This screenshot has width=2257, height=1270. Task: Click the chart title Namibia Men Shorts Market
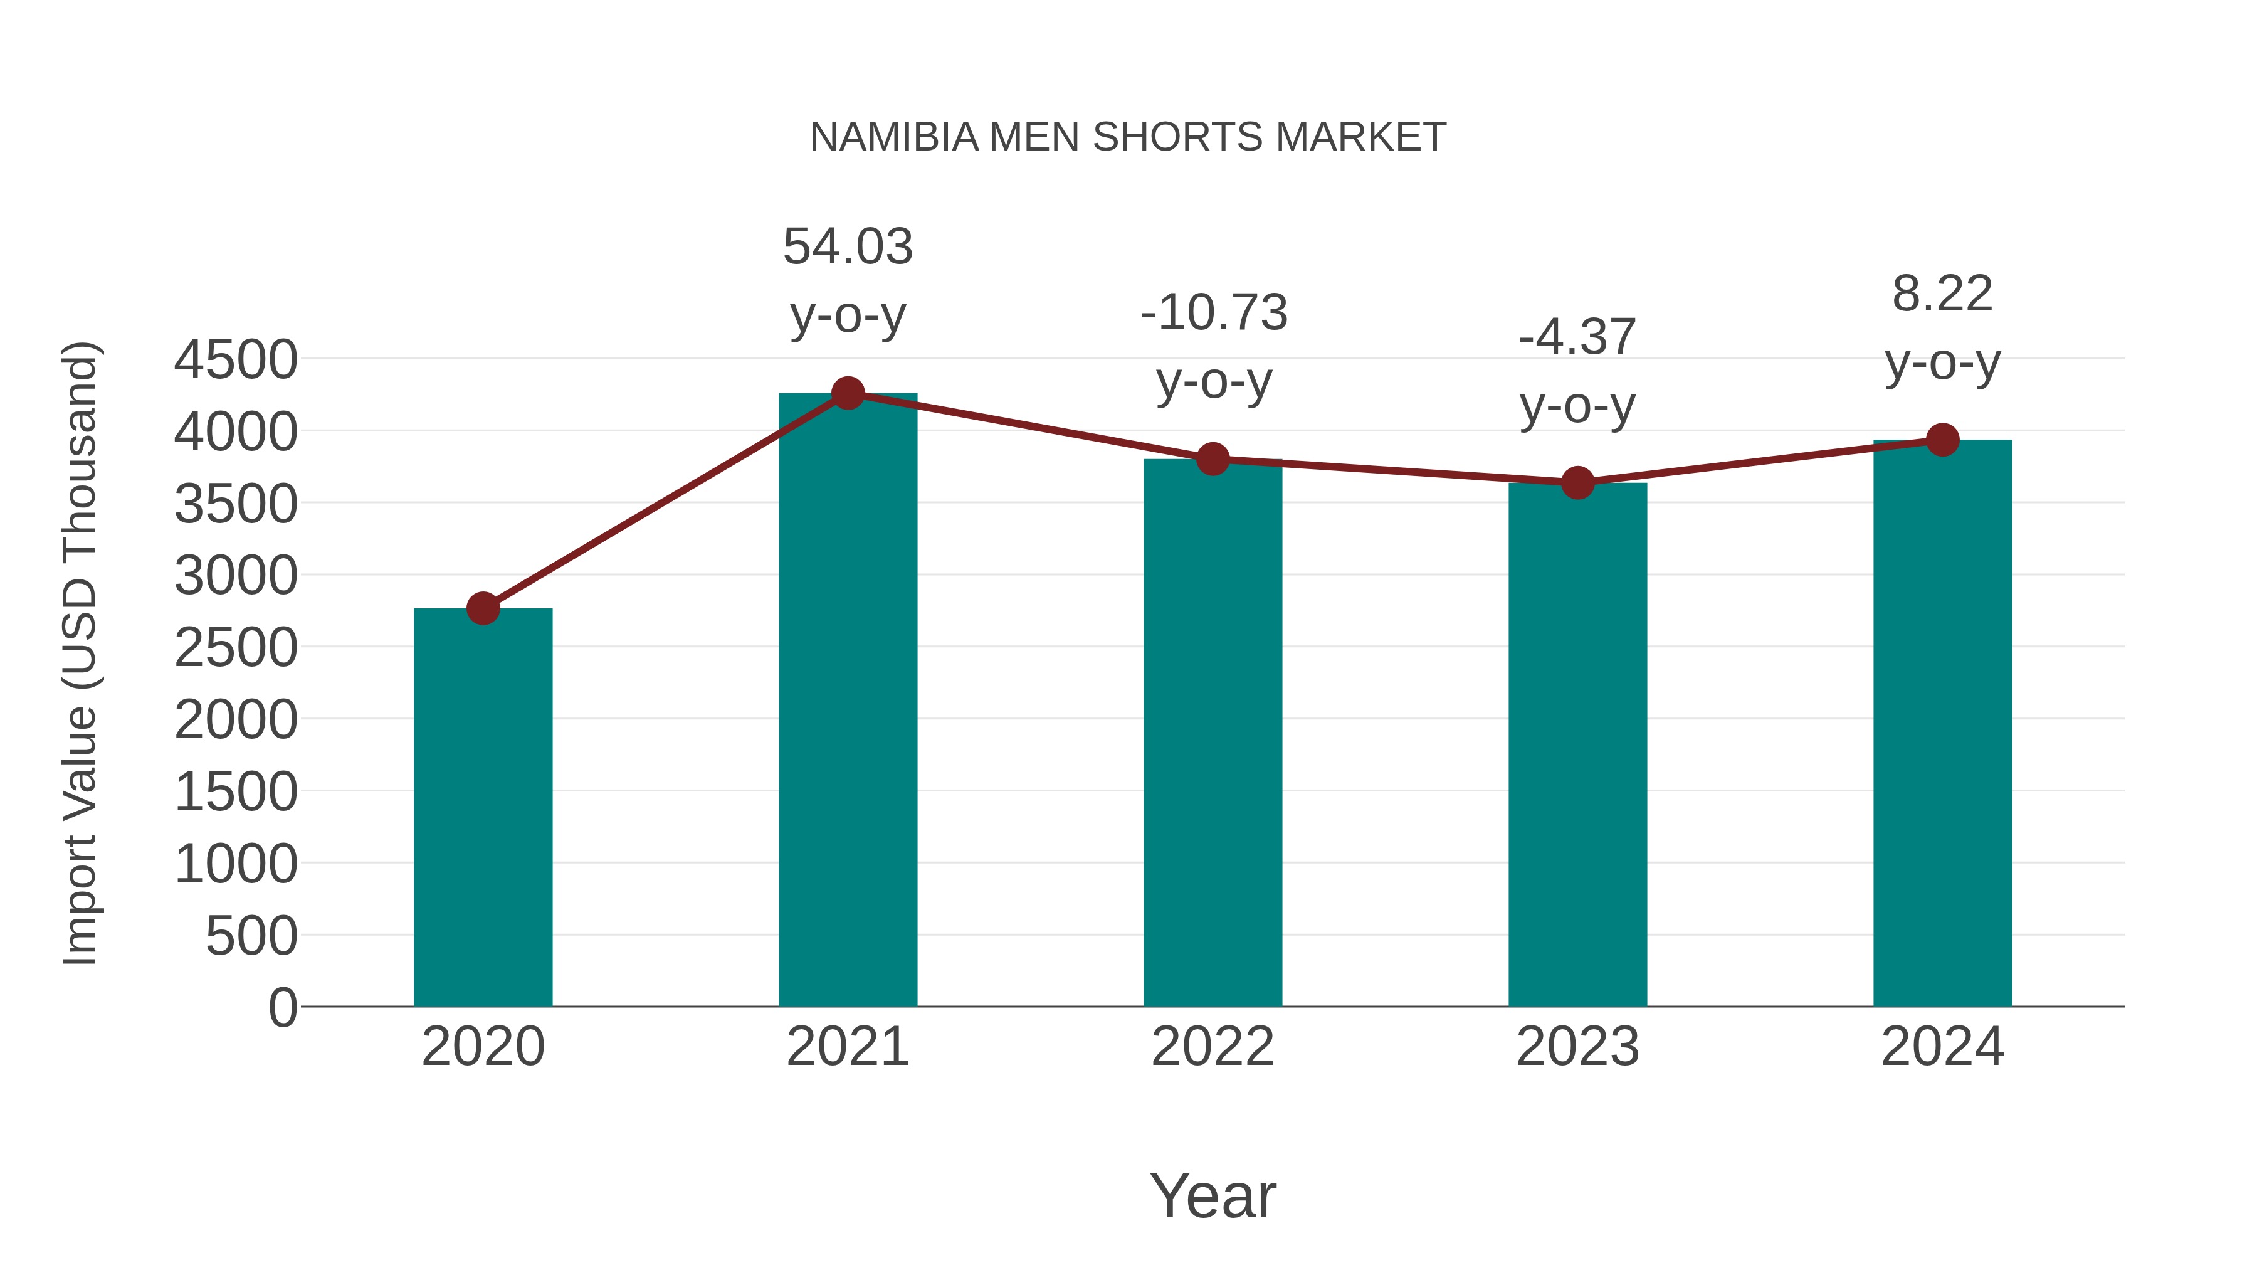coord(1128,137)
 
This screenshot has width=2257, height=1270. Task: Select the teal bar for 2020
coord(483,807)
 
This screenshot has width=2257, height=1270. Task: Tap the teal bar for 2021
coord(847,701)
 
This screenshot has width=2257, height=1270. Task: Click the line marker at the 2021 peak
coord(847,393)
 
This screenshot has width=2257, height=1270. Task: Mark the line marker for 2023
coord(1577,483)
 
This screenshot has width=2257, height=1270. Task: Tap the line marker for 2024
coord(1942,440)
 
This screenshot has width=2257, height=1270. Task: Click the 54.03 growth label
coord(847,247)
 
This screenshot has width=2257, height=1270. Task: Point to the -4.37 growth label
coord(1577,337)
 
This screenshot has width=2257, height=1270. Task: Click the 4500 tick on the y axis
coord(236,359)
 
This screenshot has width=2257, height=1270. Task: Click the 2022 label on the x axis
coord(1213,1047)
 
